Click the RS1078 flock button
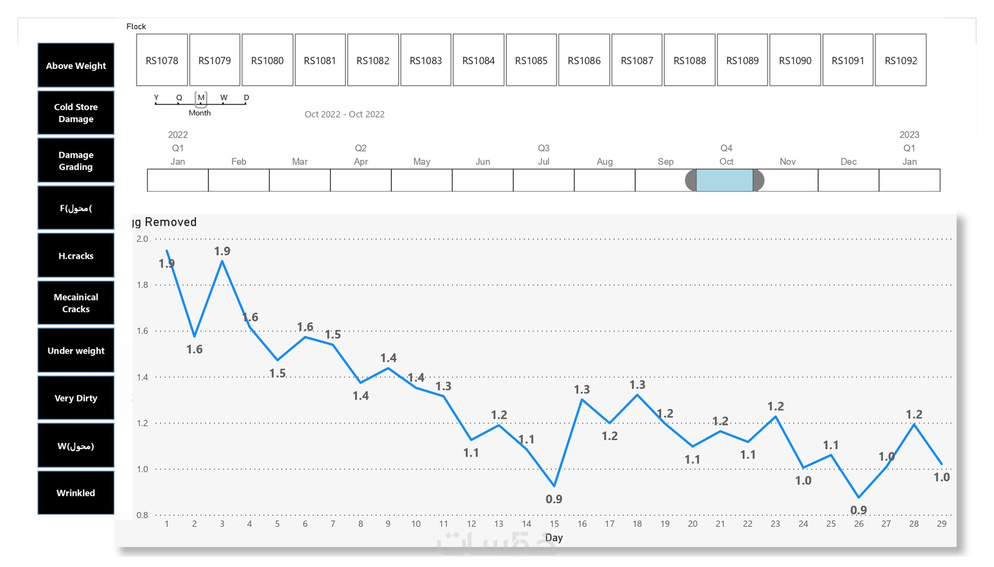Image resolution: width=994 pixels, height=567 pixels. click(162, 60)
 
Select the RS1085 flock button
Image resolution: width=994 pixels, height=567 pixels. click(531, 60)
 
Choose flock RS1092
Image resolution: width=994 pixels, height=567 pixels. click(900, 60)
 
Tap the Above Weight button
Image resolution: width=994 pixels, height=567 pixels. click(76, 65)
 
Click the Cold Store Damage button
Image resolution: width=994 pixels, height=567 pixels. click(76, 113)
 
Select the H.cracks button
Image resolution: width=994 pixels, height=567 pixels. click(76, 255)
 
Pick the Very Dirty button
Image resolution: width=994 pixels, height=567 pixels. click(76, 398)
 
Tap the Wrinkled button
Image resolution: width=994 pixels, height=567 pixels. click(76, 493)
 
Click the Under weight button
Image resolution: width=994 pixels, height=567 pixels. click(76, 351)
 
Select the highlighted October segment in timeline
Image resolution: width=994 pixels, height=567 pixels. click(724, 181)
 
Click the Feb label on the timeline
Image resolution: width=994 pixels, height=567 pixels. click(239, 161)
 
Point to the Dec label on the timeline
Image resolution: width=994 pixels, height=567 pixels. click(848, 161)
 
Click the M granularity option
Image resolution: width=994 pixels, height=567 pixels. click(201, 98)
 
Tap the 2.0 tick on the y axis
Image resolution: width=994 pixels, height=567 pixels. click(142, 238)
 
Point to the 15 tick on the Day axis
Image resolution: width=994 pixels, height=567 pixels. click(554, 524)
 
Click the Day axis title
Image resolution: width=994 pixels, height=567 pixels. click(554, 538)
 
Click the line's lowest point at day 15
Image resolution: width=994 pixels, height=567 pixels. click(554, 486)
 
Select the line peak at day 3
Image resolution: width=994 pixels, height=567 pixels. click(222, 261)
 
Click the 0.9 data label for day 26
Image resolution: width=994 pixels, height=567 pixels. click(858, 510)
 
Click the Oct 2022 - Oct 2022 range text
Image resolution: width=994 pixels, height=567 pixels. click(344, 114)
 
